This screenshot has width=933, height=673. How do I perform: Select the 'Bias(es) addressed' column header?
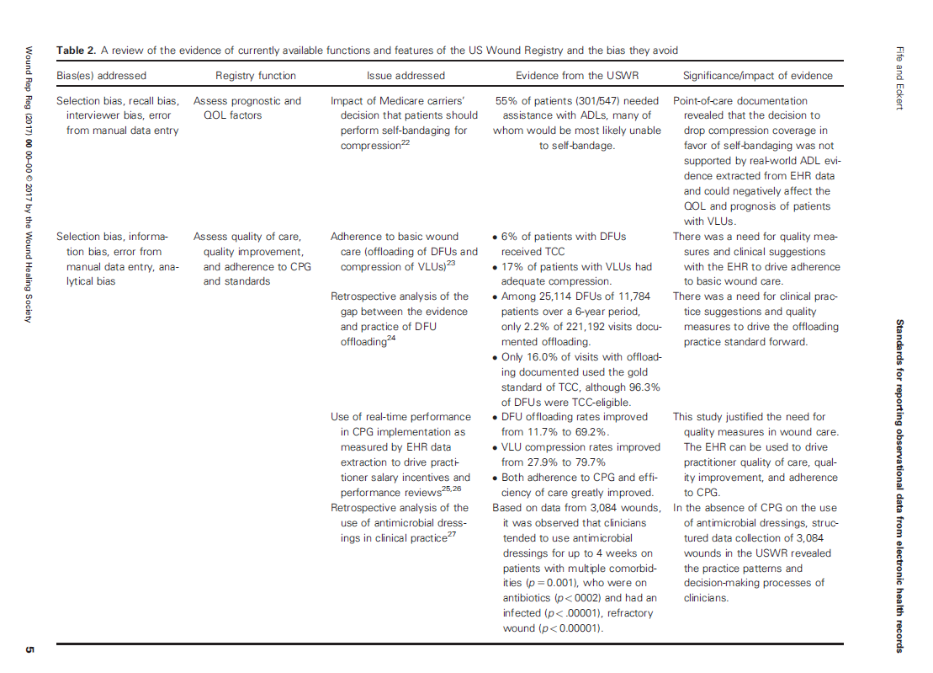pos(101,76)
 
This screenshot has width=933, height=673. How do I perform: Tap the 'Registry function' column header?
pos(256,76)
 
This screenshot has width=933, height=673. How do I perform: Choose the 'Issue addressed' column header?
pos(406,76)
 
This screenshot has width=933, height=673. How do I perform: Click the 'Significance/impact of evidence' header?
pos(758,76)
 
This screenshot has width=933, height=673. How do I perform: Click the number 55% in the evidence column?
pos(506,101)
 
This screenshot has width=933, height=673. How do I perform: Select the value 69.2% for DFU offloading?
pos(591,432)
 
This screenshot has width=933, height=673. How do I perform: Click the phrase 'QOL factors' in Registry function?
pos(232,115)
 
